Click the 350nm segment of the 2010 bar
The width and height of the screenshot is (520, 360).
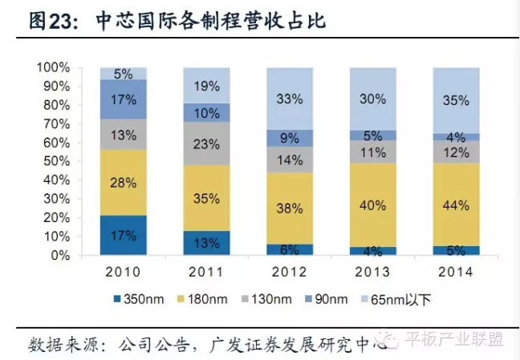tap(123, 235)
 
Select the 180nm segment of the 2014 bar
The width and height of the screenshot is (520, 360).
tap(456, 204)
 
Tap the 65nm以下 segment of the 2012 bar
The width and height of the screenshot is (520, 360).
tap(290, 99)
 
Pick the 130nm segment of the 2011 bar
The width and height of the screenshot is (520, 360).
tap(206, 144)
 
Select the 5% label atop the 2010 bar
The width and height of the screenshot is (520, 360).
tap(123, 74)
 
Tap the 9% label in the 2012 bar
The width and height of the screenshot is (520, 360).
tap(290, 137)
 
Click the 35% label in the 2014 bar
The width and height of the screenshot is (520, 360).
tap(456, 101)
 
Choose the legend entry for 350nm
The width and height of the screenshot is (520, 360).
tap(142, 300)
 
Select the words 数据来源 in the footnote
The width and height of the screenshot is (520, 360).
tap(58, 344)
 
